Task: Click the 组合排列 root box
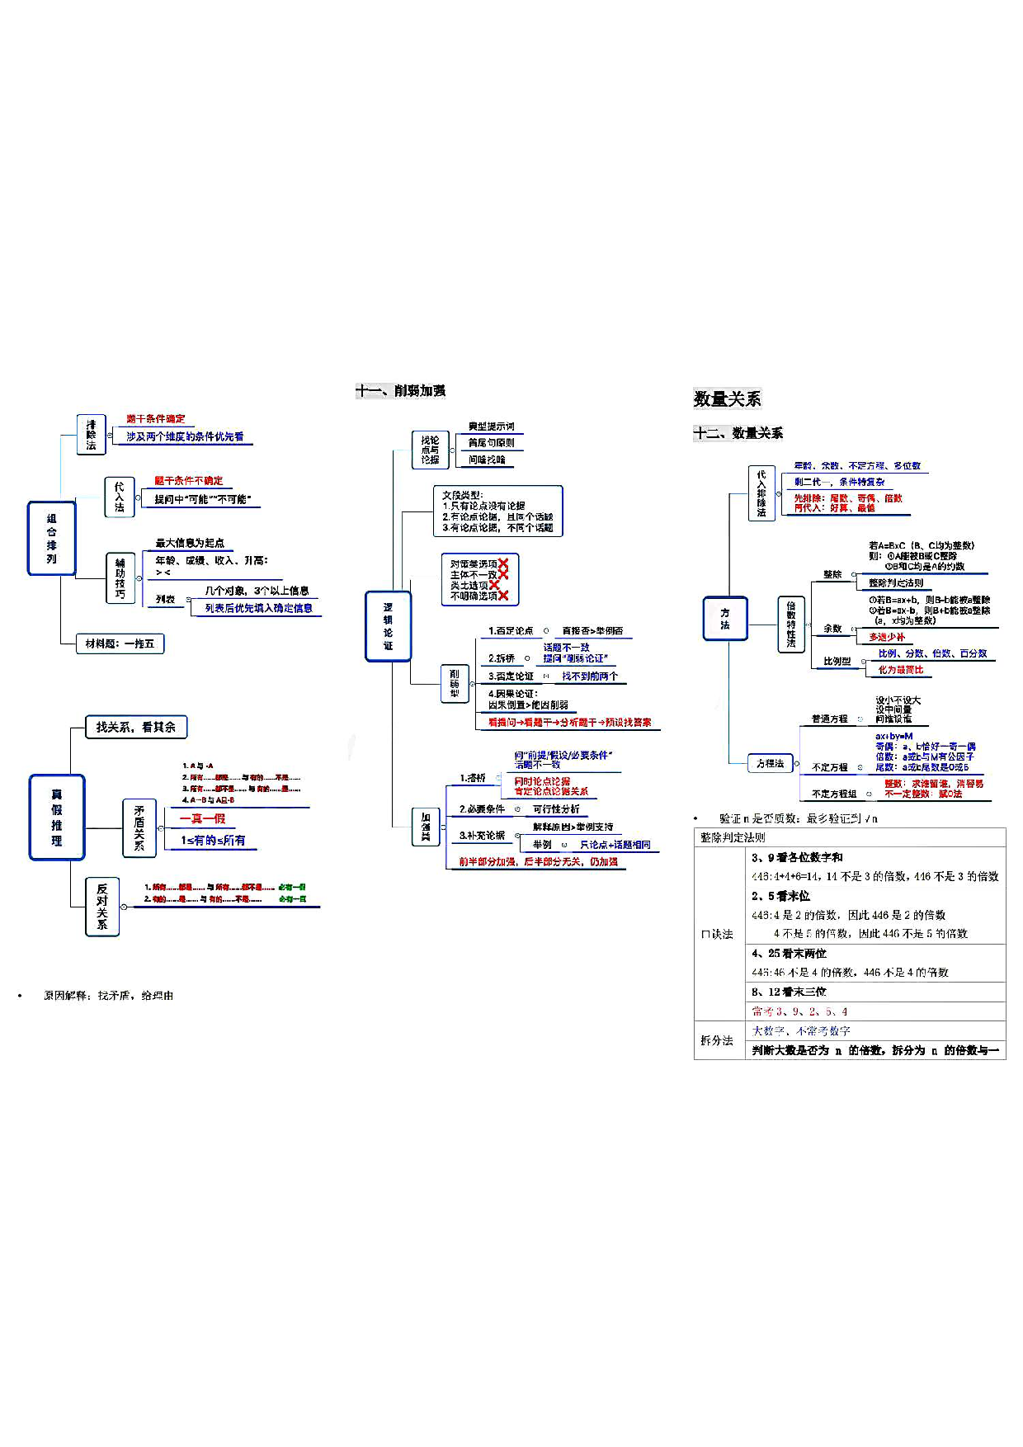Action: click(x=51, y=538)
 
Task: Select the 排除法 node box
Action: click(x=91, y=435)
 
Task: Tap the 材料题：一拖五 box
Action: click(x=120, y=643)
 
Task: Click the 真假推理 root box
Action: click(x=57, y=818)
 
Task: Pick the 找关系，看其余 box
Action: click(x=136, y=727)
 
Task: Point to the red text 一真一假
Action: click(x=202, y=818)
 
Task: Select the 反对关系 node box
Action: click(x=102, y=907)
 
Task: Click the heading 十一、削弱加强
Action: click(x=401, y=390)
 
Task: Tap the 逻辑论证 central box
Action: click(x=388, y=626)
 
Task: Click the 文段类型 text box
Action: click(x=497, y=511)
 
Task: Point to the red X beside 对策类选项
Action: click(x=503, y=563)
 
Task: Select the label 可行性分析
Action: click(x=556, y=809)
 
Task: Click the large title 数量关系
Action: click(x=727, y=399)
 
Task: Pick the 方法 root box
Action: click(x=725, y=619)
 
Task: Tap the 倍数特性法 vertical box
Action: click(x=790, y=625)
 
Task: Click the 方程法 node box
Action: click(x=771, y=763)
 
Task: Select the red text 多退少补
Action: click(x=887, y=637)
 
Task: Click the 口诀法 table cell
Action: click(x=717, y=934)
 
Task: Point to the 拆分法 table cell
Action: click(x=717, y=1040)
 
